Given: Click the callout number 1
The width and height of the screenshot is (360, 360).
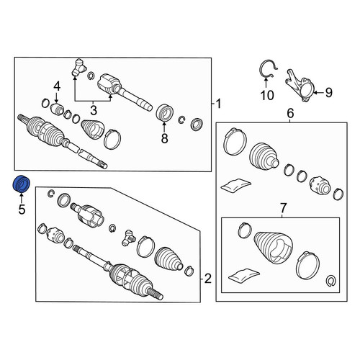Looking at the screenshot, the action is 218,104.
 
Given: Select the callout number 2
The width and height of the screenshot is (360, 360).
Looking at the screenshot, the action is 207,279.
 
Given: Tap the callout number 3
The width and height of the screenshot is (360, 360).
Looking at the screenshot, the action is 94,111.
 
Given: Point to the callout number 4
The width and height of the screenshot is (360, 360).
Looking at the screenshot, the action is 57,86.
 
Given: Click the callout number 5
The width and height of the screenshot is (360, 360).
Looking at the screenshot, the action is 22,210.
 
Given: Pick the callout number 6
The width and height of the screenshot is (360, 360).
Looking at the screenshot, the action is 290,113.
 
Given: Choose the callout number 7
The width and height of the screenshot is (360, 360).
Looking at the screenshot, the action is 284,208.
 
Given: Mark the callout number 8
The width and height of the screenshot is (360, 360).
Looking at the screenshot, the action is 164,138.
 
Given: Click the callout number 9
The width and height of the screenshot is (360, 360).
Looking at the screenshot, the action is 329,92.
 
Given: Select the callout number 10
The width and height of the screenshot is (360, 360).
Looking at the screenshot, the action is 267,96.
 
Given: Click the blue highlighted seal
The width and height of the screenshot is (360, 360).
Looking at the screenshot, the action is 21,184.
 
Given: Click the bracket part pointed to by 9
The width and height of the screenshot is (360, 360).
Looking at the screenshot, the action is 300,86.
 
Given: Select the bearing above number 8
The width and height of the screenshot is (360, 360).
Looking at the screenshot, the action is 165,112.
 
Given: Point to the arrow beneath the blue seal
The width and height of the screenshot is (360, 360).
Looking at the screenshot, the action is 22,197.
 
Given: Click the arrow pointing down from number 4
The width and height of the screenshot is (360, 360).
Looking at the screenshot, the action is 57,98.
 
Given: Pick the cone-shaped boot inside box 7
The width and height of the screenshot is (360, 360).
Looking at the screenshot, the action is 274,247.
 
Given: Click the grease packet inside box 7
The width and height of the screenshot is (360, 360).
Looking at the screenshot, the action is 244,276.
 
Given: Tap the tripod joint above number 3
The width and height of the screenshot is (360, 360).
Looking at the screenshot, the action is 78,68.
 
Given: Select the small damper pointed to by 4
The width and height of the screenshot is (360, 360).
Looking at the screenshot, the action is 58,109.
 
